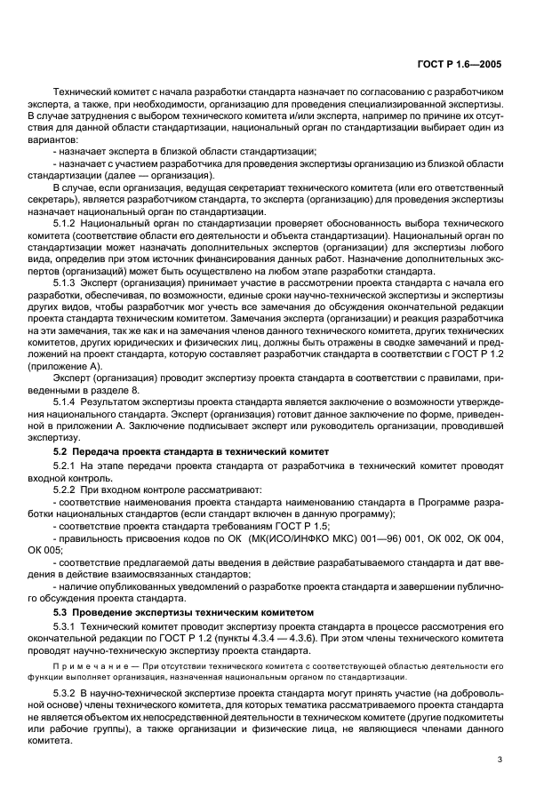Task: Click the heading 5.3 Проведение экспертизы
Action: click(184, 612)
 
